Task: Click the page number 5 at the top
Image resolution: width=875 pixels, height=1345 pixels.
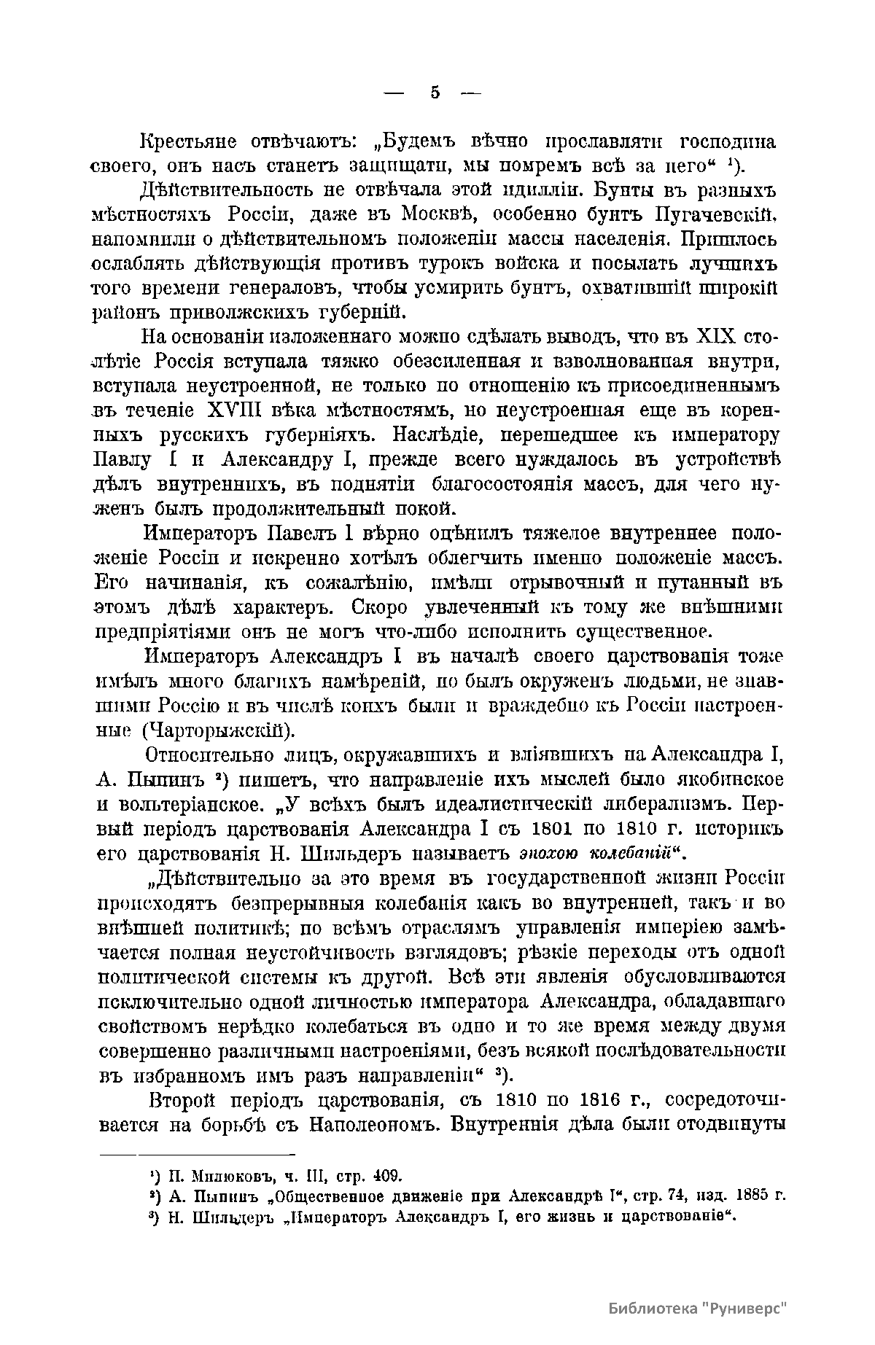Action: click(435, 93)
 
